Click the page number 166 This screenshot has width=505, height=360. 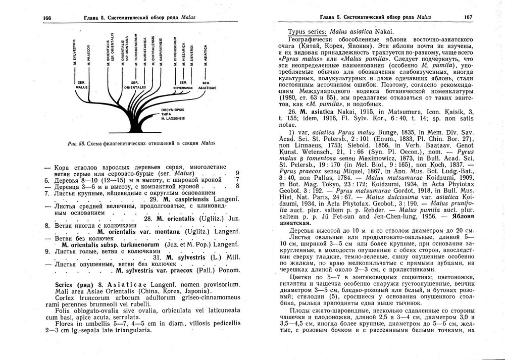point(48,18)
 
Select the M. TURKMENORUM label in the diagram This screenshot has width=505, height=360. point(135,49)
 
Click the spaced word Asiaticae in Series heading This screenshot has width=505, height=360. point(118,285)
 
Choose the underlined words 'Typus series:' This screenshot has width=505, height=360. point(305,31)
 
